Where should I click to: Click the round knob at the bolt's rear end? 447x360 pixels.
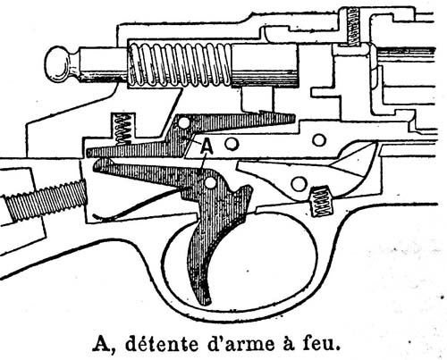tap(58, 64)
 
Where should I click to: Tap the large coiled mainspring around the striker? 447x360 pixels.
tap(180, 65)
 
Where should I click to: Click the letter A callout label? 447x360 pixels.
tap(207, 147)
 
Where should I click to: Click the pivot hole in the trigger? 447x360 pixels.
tap(211, 183)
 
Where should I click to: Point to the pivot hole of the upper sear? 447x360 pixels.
tap(184, 122)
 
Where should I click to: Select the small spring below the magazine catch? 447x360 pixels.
tap(321, 202)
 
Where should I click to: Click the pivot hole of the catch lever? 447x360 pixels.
tap(299, 184)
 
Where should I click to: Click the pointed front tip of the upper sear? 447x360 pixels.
tap(293, 119)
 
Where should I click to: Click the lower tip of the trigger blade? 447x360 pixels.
tap(206, 303)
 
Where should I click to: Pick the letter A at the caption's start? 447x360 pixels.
tap(101, 344)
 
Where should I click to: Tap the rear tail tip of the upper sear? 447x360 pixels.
tap(89, 153)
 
